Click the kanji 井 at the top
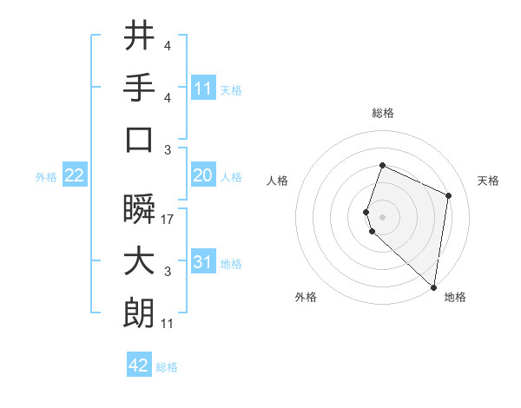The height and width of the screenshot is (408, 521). click(x=139, y=36)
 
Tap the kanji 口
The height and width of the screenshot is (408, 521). click(x=139, y=139)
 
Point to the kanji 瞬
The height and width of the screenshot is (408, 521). click(x=139, y=209)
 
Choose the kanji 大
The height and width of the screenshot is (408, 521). click(x=139, y=261)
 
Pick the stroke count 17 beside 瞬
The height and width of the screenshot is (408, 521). click(x=168, y=220)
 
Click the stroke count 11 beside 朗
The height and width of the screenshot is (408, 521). click(x=167, y=324)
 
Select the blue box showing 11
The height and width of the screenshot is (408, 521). click(x=203, y=88)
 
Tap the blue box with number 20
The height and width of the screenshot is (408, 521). click(x=203, y=175)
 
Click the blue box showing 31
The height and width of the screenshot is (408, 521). click(x=203, y=261)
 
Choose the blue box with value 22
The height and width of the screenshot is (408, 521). click(x=75, y=175)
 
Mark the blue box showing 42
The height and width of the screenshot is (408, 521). click(x=139, y=365)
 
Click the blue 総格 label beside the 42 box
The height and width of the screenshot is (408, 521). click(x=167, y=367)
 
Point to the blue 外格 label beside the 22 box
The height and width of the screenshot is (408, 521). click(x=46, y=176)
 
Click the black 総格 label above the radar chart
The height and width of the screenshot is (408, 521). click(x=382, y=113)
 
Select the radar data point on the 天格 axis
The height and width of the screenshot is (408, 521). click(x=449, y=195)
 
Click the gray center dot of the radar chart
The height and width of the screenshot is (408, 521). click(x=382, y=216)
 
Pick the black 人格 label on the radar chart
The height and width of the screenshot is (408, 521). click(x=278, y=181)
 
